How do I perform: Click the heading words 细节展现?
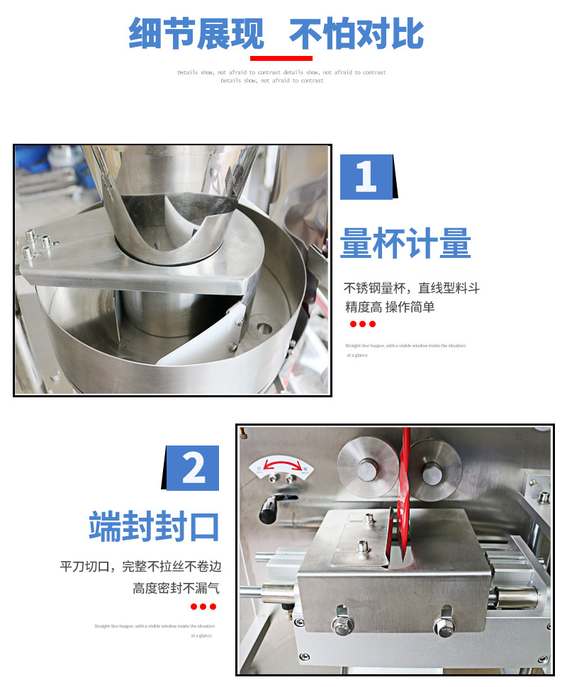tap(196, 33)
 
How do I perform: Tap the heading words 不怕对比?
tap(357, 33)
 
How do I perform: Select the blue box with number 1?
tap(366, 176)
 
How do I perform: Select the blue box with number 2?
tap(193, 468)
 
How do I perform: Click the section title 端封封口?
tap(154, 527)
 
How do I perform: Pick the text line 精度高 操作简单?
tap(390, 307)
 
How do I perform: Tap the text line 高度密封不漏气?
tap(176, 588)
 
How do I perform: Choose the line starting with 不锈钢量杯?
tap(412, 288)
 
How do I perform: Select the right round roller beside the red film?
tap(432, 470)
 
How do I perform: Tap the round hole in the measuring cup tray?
tap(264, 328)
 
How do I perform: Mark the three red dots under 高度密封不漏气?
tap(203, 607)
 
